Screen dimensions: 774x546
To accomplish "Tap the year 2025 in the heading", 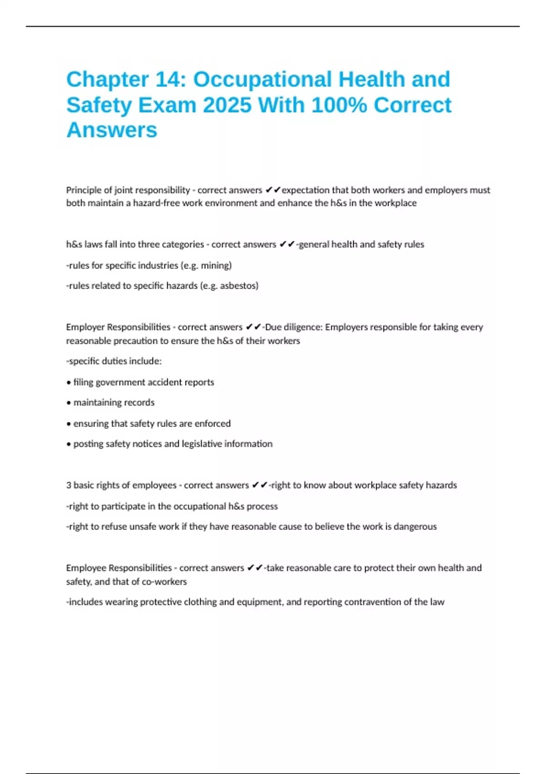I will click(227, 105).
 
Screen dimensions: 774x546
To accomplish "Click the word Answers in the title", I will click(112, 130).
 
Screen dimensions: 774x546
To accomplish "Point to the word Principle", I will click(82, 190).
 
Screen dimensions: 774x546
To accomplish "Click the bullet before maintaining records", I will click(69, 403).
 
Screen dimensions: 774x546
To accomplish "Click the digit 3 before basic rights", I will click(69, 485).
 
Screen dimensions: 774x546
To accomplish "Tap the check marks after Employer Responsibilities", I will click(253, 327).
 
